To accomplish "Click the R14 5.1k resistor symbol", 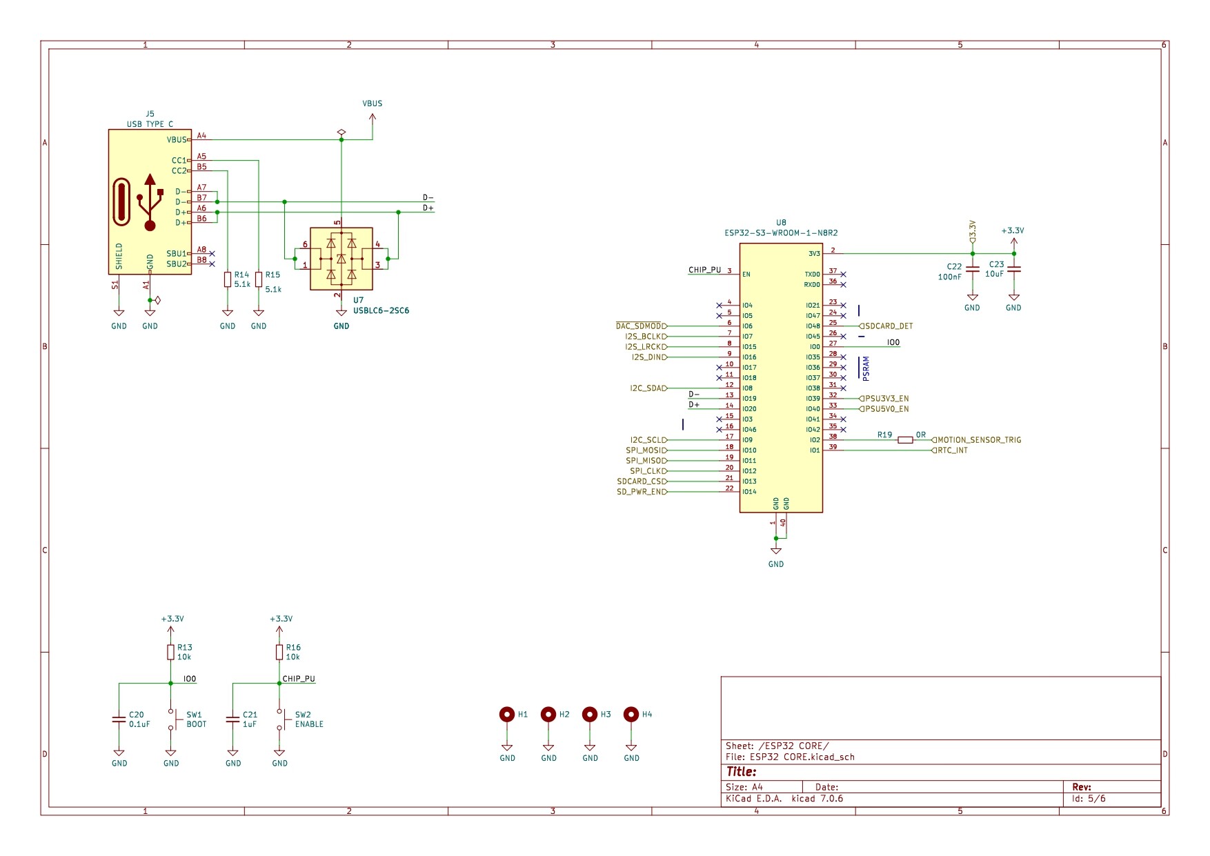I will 228,279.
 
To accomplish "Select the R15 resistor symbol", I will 259,279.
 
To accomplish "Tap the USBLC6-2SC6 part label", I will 381,310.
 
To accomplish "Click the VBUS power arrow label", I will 373,104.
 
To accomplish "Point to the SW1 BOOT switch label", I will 196,719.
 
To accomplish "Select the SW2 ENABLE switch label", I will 308,719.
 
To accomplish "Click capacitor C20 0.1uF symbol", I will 119,719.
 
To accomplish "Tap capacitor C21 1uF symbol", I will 233,719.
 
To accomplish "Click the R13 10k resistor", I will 170,653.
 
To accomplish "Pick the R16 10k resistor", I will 279,653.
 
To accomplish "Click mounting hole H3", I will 590,715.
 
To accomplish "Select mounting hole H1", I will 507,715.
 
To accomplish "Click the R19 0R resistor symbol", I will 905,440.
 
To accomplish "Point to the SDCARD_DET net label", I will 889,326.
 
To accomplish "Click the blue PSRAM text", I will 866,368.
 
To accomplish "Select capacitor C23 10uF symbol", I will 1013,270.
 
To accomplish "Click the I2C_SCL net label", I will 647,440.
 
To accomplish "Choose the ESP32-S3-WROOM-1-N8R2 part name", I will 781,233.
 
